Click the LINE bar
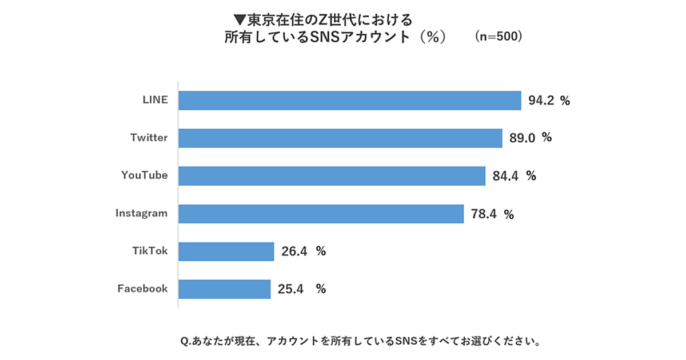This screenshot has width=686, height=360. [349, 101]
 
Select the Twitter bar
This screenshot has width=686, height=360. [340, 138]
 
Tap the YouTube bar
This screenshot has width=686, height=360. [332, 176]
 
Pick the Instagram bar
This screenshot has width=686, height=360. [321, 214]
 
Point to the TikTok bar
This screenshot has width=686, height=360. [226, 251]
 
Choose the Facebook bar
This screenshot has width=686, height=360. [224, 289]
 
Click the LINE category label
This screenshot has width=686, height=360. [155, 99]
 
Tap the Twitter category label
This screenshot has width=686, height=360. [149, 137]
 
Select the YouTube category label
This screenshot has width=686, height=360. [144, 175]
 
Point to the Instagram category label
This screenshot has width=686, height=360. [141, 213]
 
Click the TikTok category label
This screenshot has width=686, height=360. [150, 250]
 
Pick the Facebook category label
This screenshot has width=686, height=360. [142, 288]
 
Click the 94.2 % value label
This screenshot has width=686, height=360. [549, 101]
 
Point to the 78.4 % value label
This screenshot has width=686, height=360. [492, 215]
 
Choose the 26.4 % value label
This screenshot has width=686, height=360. [303, 251]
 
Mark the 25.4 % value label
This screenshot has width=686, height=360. [301, 289]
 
